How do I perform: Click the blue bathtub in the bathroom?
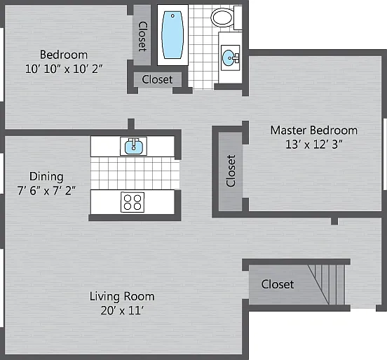(x=172, y=35)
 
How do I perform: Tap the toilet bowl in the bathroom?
(x=222, y=18)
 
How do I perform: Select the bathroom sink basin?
(x=229, y=58)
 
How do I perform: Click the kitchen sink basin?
(x=133, y=146)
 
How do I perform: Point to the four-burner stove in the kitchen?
(x=133, y=202)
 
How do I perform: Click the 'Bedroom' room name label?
(x=64, y=55)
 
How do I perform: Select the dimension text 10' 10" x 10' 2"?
(x=64, y=69)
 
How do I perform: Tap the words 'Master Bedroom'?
(x=314, y=131)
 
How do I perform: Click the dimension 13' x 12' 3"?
(x=314, y=145)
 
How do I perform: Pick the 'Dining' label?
(x=46, y=176)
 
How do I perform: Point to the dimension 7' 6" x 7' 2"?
(x=46, y=190)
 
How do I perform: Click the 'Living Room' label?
(x=122, y=296)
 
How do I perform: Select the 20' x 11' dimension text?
(x=122, y=310)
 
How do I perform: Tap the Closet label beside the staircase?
(x=278, y=284)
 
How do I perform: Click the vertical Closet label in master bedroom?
(x=231, y=171)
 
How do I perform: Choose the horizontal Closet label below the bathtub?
(x=157, y=79)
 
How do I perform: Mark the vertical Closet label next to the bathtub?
(x=142, y=36)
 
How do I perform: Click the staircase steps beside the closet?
(x=327, y=285)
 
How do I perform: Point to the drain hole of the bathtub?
(x=172, y=16)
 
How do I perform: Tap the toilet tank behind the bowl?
(x=238, y=18)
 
